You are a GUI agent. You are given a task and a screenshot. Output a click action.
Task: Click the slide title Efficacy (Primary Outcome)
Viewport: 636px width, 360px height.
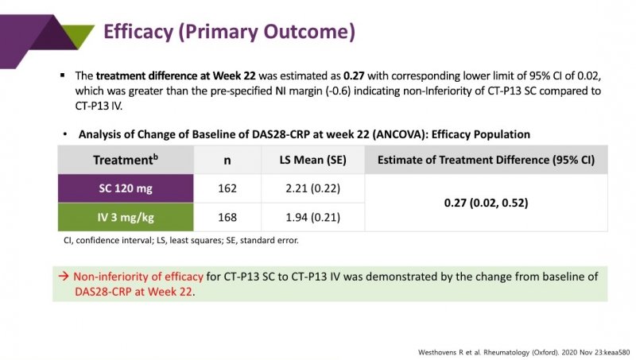coord(230,32)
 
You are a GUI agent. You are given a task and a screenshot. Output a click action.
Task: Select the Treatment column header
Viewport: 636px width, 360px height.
coord(126,160)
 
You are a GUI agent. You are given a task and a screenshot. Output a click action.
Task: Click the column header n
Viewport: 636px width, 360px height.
coord(227,160)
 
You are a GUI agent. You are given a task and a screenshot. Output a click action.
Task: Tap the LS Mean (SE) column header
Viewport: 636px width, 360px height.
coord(312,160)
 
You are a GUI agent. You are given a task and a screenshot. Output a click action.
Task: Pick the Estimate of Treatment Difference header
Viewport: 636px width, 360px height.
coord(486,160)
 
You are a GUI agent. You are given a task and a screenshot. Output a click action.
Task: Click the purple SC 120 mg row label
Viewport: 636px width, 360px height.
coord(126,188)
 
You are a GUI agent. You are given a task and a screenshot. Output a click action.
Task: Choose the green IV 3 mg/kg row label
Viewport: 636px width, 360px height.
coord(126,217)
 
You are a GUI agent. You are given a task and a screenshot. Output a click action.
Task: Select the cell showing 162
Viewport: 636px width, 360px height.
coord(227,188)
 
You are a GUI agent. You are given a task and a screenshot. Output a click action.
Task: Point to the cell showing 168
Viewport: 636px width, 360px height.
coord(227,217)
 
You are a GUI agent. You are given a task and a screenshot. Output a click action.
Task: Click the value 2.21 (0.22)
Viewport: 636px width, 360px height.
coord(312,188)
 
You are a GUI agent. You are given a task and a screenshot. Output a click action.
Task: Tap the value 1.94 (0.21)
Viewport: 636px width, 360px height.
coord(312,217)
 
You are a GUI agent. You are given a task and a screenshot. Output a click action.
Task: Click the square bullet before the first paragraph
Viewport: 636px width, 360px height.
coord(62,75)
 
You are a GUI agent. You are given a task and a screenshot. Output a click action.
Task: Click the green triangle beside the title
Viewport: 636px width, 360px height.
coord(76,35)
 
